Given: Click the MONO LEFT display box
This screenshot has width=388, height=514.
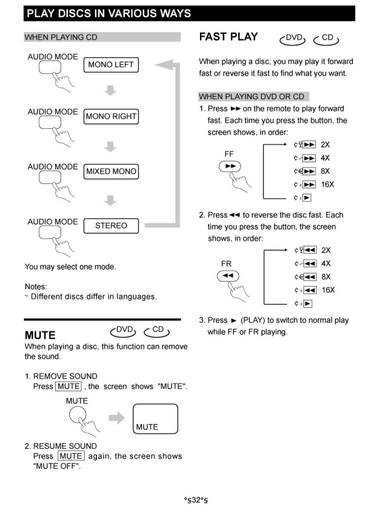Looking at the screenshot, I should (111, 65).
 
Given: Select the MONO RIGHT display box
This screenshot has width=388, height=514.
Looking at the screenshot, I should (111, 116).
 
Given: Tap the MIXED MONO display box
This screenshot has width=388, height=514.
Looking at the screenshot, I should (111, 171).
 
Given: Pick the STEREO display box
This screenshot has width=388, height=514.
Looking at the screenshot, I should (111, 226).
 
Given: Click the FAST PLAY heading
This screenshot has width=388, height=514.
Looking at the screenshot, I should (229, 37).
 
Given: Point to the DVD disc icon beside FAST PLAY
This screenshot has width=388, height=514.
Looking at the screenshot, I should (292, 39).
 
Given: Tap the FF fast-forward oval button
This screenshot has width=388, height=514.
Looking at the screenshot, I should (230, 166).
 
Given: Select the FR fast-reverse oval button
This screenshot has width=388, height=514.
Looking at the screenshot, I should (228, 276).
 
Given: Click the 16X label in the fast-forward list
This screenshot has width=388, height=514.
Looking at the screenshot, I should (327, 185).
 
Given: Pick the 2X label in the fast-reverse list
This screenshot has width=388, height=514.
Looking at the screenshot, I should (326, 250).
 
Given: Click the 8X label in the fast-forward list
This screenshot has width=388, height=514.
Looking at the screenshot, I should (325, 171).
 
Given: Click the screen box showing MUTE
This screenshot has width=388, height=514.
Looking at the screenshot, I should (155, 419).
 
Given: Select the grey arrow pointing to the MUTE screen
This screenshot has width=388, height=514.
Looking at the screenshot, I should (116, 418).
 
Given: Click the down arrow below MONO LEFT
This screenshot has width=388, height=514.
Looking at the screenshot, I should (111, 90).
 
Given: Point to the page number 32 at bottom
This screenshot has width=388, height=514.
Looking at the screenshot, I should (196, 500).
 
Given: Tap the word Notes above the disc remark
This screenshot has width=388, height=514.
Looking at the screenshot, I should (36, 287).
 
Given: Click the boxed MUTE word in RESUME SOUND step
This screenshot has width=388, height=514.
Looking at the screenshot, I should (71, 456).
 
